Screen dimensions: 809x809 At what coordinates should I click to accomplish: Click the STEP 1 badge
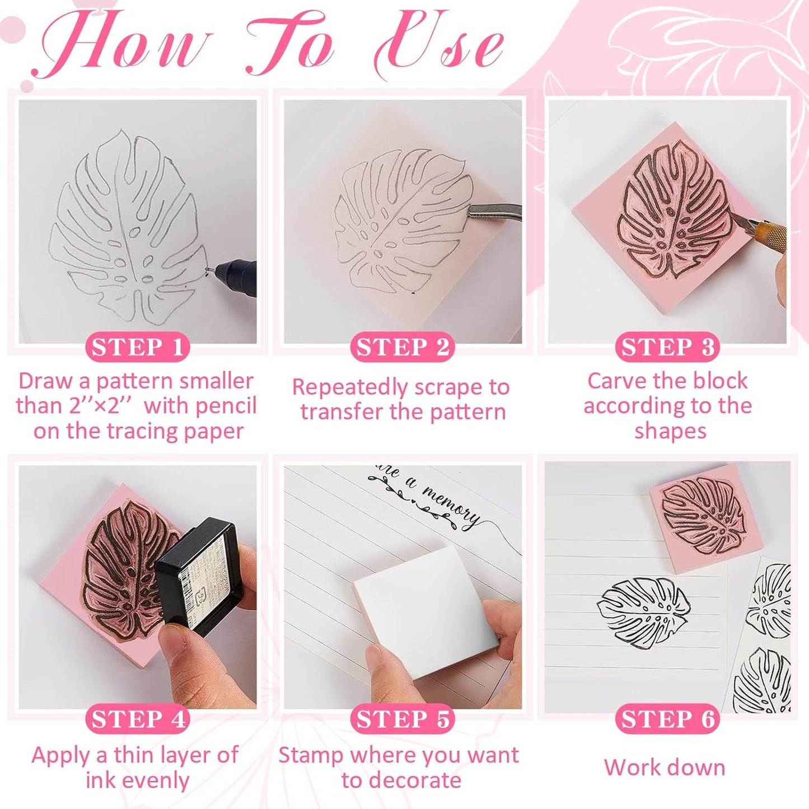click(x=137, y=347)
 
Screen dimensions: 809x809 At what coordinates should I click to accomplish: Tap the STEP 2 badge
click(x=402, y=347)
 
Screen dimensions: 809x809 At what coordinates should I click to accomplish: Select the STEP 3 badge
click(x=667, y=347)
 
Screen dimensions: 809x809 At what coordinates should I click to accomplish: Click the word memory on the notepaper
click(x=451, y=507)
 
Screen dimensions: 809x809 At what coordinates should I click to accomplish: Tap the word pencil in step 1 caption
click(x=225, y=406)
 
